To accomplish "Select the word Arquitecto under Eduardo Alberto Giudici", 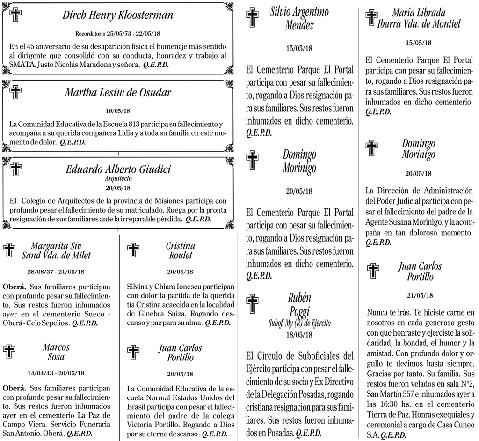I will (118, 178).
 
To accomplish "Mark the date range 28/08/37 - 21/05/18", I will (56, 272).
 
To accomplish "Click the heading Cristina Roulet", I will (181, 250).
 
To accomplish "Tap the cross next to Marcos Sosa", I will (9, 351).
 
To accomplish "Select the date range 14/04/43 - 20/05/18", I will (56, 373).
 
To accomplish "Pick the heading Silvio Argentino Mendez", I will (299, 18).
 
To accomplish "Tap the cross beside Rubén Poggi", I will (253, 304).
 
